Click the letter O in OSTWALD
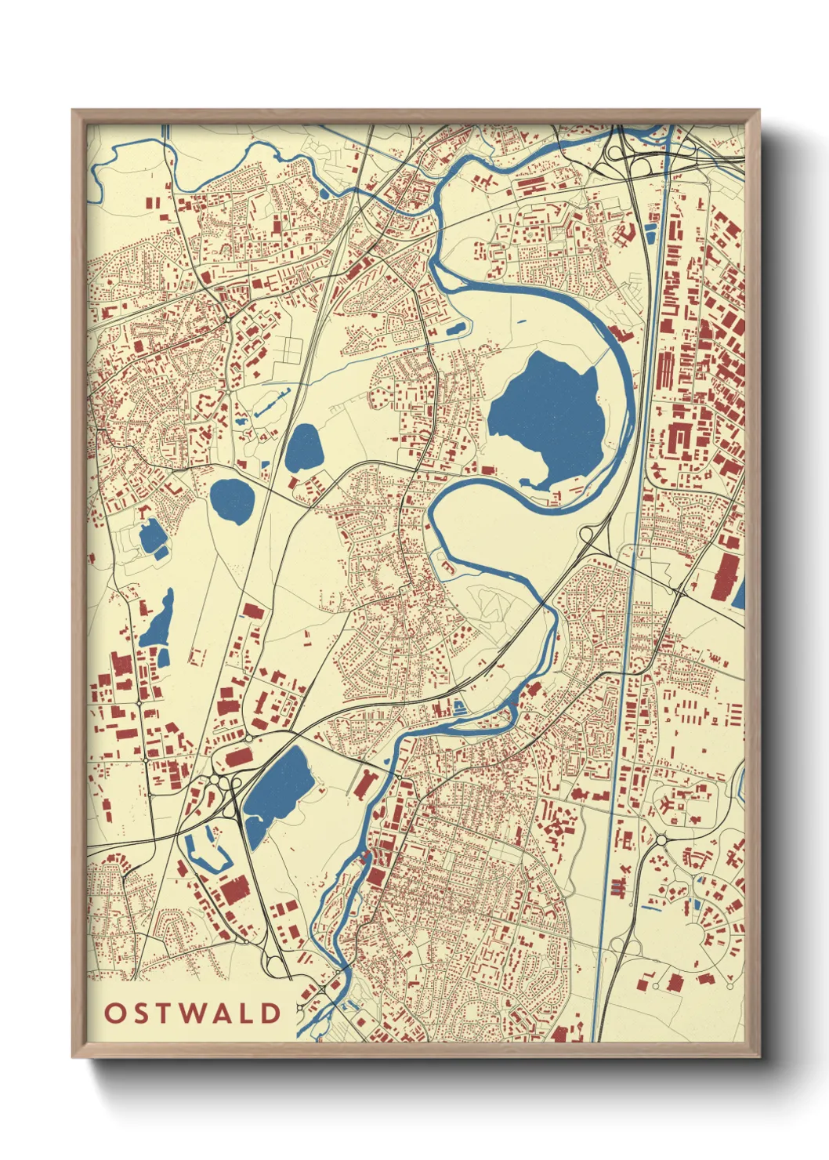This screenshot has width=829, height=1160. [x=114, y=1013]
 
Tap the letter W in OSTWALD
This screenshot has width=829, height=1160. [x=191, y=1013]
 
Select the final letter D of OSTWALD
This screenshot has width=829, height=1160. [x=271, y=1013]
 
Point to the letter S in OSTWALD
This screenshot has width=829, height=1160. [x=140, y=1013]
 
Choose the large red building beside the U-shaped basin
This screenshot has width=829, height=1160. [x=235, y=890]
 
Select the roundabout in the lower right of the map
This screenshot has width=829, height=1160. [x=661, y=839]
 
